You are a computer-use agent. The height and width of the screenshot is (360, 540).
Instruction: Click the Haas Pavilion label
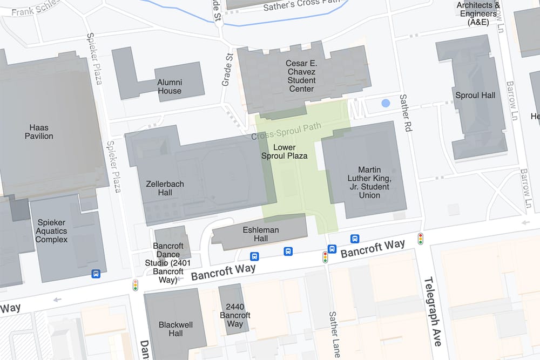point(39,132)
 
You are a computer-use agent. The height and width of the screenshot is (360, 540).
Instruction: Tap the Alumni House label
point(170,87)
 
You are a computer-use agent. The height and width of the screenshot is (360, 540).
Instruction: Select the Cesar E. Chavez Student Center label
point(301,76)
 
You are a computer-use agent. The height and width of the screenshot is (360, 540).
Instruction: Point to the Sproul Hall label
point(475,96)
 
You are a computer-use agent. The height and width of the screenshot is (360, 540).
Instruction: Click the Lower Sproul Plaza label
point(284,152)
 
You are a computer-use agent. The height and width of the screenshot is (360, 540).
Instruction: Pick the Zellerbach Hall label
point(165,188)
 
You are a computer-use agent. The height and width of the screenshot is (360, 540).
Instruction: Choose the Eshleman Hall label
point(261,234)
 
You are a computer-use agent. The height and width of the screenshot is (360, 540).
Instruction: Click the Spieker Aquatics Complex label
point(52,231)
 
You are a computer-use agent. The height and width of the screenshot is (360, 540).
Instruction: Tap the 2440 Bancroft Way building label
point(235,315)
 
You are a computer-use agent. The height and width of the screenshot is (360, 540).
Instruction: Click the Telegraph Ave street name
point(433,311)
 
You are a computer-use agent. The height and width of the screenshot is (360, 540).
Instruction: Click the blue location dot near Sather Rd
point(385,103)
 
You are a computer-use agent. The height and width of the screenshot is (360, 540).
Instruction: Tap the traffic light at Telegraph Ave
point(420,239)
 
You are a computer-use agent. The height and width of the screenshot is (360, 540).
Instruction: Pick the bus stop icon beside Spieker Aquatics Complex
point(96,274)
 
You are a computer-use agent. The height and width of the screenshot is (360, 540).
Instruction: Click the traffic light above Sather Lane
point(326,257)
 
